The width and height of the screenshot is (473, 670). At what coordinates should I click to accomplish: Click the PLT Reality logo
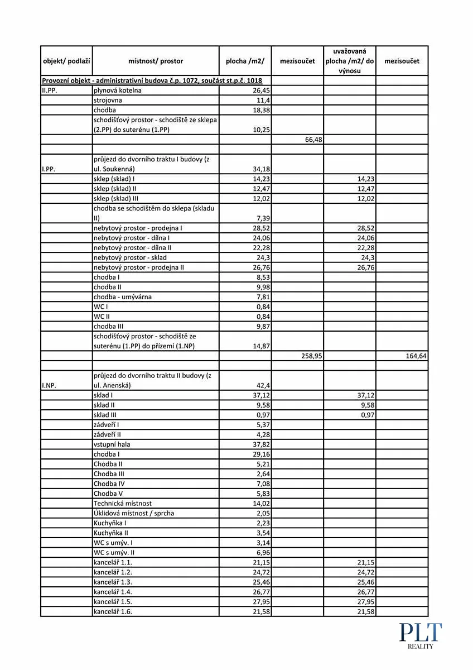click(x=420, y=636)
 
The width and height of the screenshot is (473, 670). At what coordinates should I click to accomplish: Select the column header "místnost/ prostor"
click(x=156, y=61)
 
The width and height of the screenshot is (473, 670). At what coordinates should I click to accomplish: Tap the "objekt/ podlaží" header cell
click(x=67, y=61)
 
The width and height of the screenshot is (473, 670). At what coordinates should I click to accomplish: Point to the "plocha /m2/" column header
click(x=245, y=61)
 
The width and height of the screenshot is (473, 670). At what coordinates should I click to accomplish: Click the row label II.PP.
click(x=50, y=90)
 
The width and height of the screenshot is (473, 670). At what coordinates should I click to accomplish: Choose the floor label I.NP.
click(x=49, y=385)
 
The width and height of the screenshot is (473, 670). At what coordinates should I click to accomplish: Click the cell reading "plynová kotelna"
click(x=118, y=90)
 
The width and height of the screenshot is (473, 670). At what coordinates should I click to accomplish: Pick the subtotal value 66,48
click(x=313, y=140)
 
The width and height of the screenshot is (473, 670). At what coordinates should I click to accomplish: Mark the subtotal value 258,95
click(x=311, y=356)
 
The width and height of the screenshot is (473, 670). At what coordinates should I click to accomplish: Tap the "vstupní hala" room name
click(x=112, y=444)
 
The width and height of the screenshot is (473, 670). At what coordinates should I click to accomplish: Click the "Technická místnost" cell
click(x=123, y=503)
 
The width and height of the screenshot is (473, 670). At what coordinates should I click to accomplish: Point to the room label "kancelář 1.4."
click(x=113, y=592)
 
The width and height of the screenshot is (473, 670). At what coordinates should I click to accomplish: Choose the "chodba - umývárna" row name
click(x=122, y=297)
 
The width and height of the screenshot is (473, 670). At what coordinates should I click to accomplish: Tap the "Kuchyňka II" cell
click(x=112, y=533)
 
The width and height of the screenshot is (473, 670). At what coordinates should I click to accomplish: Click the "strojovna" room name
click(x=108, y=100)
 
